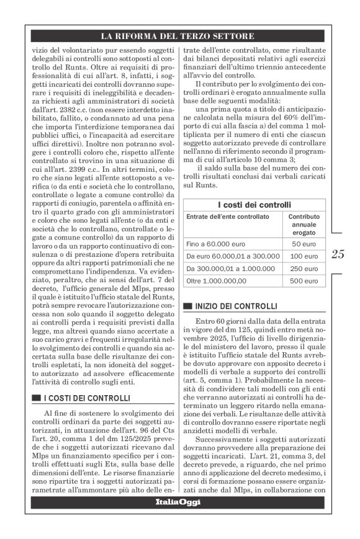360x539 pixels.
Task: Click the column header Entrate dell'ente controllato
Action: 228,216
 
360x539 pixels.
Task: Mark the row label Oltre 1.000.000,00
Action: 216,281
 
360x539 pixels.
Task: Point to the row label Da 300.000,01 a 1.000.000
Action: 228,269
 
